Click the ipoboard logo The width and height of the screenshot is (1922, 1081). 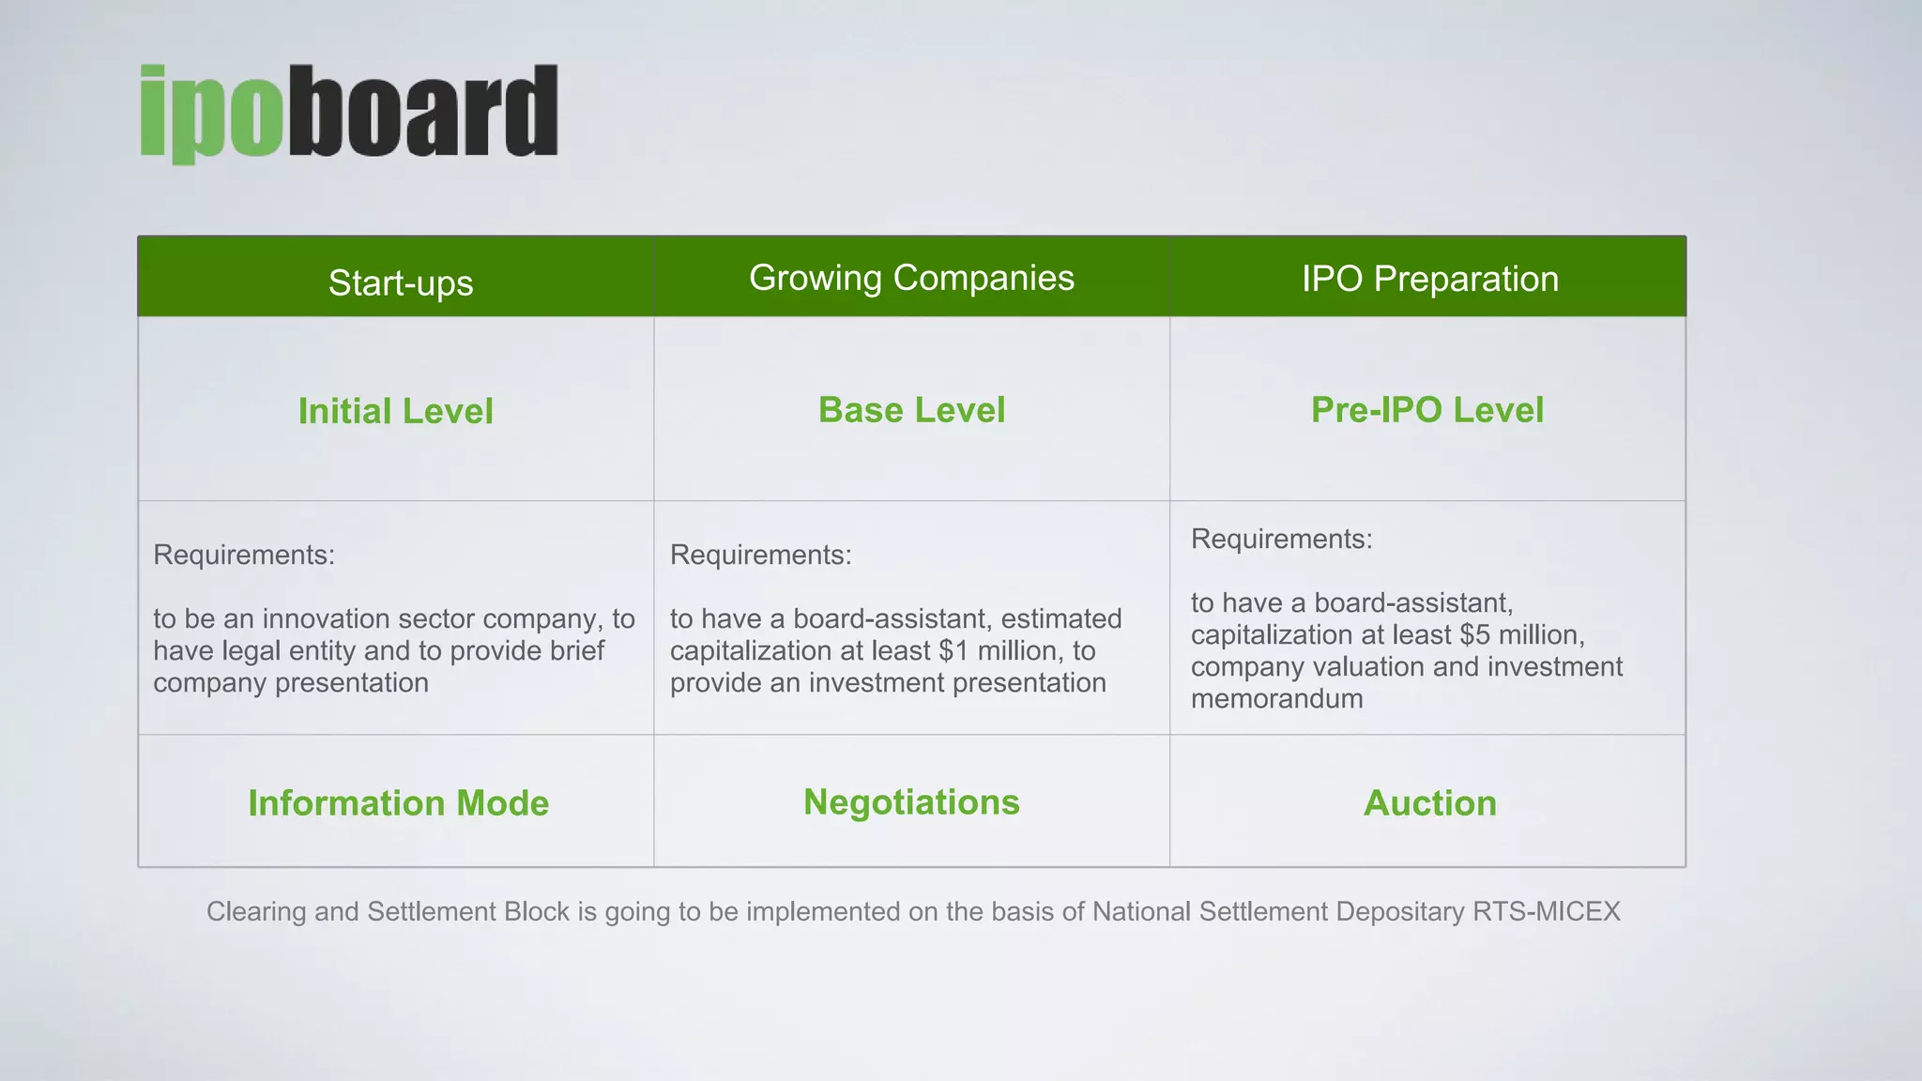(349, 113)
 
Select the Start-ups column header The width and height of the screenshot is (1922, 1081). (401, 282)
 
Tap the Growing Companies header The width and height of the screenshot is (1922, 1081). (911, 278)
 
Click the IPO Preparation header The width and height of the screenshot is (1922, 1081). (1429, 279)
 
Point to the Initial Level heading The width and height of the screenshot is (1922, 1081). (395, 411)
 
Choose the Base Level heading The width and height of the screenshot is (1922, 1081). (911, 410)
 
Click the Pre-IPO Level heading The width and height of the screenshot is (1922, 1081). (1426, 410)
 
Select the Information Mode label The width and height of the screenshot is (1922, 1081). (398, 803)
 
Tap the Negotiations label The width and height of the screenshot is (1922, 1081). (911, 802)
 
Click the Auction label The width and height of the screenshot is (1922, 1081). (1429, 803)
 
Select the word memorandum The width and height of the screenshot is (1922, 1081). (1276, 699)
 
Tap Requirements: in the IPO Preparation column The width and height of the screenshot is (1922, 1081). (1281, 539)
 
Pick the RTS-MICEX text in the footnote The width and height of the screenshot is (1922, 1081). (1546, 911)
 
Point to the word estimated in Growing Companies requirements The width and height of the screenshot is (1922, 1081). (1061, 618)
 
